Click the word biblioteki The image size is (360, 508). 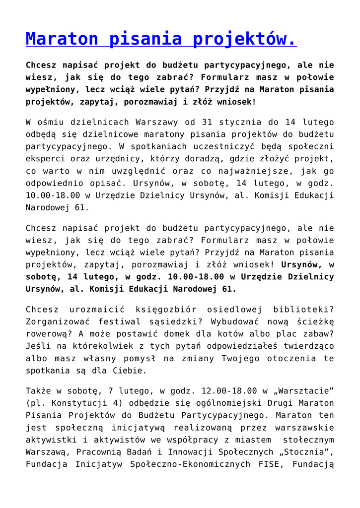tap(303, 310)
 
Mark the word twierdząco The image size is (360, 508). tap(303, 347)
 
